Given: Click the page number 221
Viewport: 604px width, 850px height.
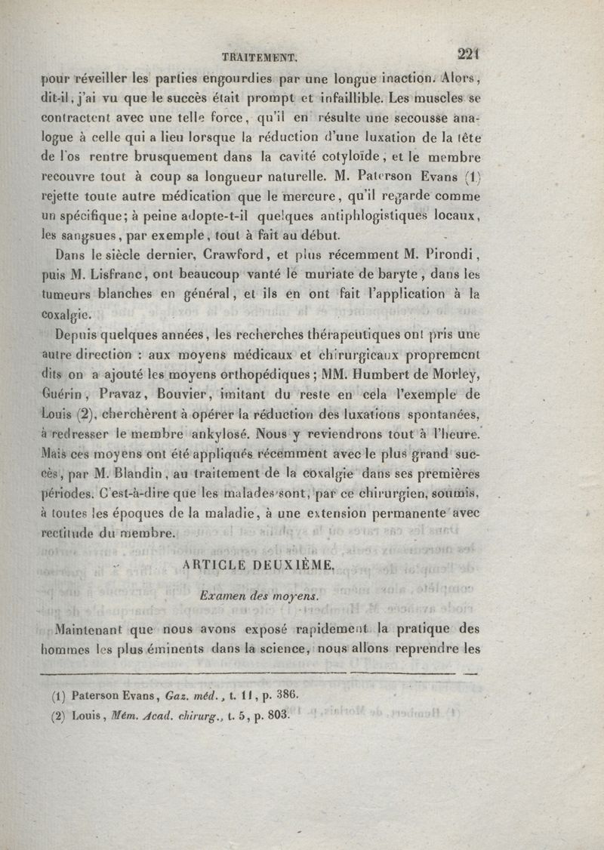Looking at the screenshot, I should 469,53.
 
